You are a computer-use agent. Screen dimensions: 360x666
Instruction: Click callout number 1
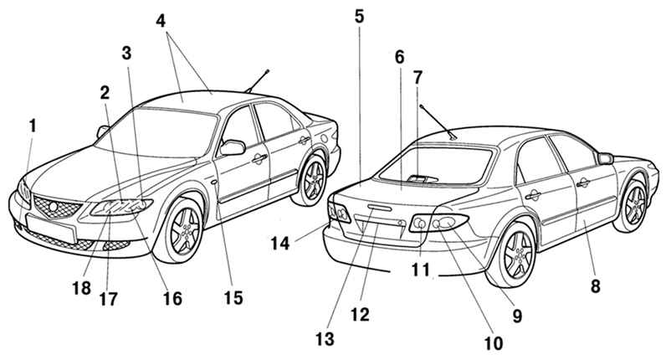(33, 126)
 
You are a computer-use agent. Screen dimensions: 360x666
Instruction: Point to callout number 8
(596, 285)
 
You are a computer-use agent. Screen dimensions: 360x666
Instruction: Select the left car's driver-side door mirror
(232, 147)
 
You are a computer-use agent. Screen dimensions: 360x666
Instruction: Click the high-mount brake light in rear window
(418, 177)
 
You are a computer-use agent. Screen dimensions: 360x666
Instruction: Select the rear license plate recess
(377, 224)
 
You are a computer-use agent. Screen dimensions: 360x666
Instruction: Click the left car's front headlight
(122, 207)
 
